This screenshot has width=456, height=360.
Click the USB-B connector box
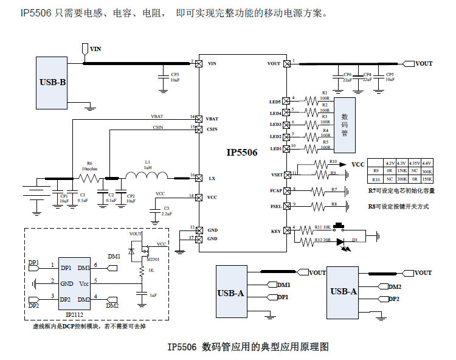[x=52, y=81]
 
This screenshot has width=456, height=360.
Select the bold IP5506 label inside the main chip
[x=241, y=153]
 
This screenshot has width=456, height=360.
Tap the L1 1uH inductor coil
[x=147, y=177]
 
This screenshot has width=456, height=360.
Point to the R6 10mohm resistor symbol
[x=89, y=179]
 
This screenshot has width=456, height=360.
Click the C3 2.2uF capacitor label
[x=167, y=211]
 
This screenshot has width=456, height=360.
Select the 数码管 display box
[x=345, y=125]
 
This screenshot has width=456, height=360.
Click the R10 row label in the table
[x=375, y=180]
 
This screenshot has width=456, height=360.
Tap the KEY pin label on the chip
[x=276, y=232]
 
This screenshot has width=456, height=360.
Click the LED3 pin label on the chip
[x=275, y=125]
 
